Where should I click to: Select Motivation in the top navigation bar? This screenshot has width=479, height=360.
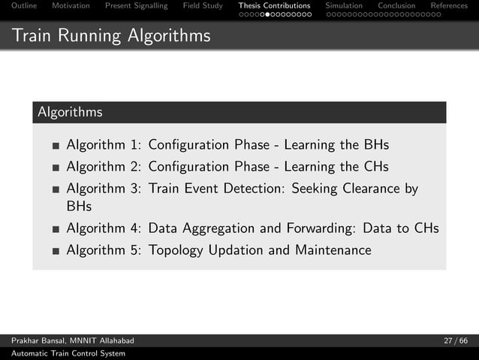point(71,6)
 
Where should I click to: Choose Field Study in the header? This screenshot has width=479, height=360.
point(203,6)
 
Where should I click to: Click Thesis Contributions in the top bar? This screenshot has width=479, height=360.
point(274,6)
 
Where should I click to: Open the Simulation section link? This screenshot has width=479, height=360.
point(344,6)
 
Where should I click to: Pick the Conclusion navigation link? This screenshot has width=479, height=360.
point(396,6)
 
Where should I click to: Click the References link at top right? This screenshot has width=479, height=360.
point(449,6)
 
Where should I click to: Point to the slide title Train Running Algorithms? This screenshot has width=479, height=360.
point(110,35)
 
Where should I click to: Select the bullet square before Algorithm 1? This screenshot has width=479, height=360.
point(56,146)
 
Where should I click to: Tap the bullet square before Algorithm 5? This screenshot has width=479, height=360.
point(56,251)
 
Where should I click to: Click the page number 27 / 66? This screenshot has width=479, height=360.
point(455,341)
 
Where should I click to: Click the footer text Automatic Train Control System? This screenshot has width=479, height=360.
point(68,353)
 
